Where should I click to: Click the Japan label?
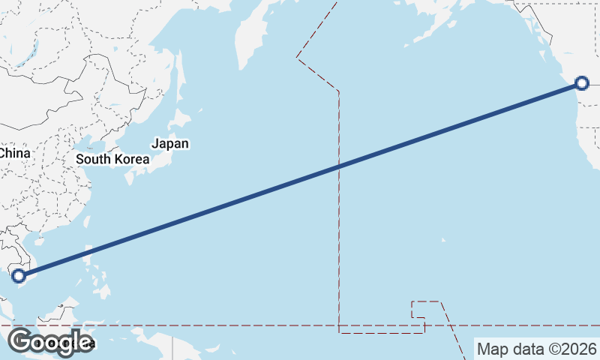[x=170, y=143]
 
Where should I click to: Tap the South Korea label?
[x=112, y=159]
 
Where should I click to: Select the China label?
[x=14, y=153]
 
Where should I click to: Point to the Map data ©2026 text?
[x=537, y=349]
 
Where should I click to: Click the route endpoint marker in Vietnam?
[x=19, y=276]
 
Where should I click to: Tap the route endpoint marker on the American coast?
[x=582, y=83]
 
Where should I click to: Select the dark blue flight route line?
[x=300, y=180]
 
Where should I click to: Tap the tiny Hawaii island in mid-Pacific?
[x=443, y=241]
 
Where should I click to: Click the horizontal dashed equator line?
[x=225, y=325]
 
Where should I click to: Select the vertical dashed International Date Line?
[x=339, y=225]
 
